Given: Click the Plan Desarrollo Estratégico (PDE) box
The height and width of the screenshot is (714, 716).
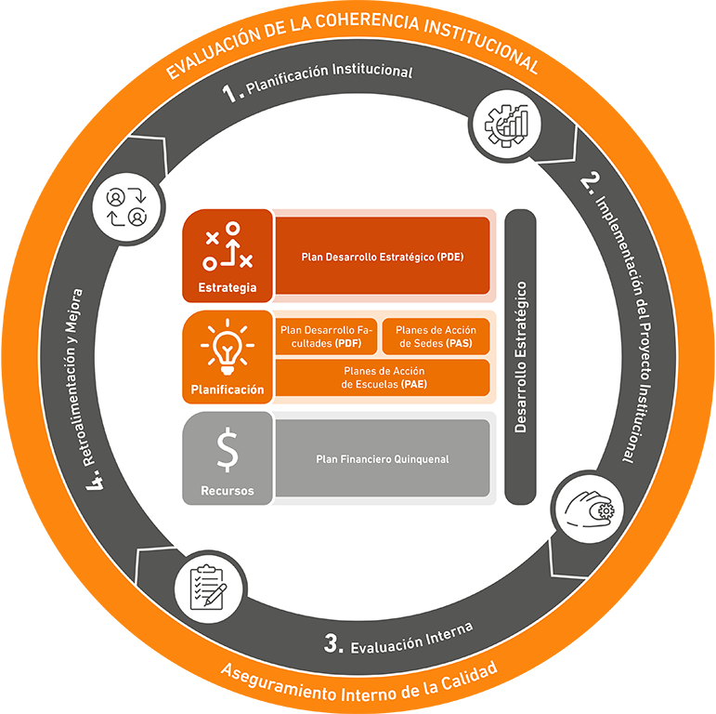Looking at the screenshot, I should tap(382, 256).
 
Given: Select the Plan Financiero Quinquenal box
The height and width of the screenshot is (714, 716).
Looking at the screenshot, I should tap(382, 458).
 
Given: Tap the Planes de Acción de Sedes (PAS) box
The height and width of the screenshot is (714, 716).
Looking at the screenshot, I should tap(436, 337).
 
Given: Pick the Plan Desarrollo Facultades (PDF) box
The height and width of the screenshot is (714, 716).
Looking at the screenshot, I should tap(326, 337).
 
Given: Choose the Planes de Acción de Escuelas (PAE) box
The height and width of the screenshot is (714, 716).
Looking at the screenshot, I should tap(382, 377).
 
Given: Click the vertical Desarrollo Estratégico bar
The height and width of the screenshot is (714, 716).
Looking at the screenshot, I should tap(521, 357).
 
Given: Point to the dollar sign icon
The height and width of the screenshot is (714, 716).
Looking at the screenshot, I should tap(227, 451).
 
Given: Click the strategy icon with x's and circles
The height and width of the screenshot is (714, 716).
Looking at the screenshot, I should tap(228, 245).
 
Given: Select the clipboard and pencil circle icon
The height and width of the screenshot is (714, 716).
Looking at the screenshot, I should tap(207, 588).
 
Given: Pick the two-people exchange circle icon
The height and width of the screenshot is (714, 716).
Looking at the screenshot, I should tap(127, 206).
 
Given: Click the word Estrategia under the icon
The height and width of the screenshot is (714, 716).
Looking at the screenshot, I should tap(227, 287).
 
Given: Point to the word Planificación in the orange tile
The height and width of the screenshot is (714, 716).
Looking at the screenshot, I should tap(227, 390).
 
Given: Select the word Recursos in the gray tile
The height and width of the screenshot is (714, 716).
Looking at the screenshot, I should tap(227, 491).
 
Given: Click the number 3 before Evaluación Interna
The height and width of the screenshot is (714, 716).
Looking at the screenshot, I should tap(332, 642).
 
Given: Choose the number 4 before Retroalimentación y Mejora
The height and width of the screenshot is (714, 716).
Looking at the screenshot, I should tap(94, 483).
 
